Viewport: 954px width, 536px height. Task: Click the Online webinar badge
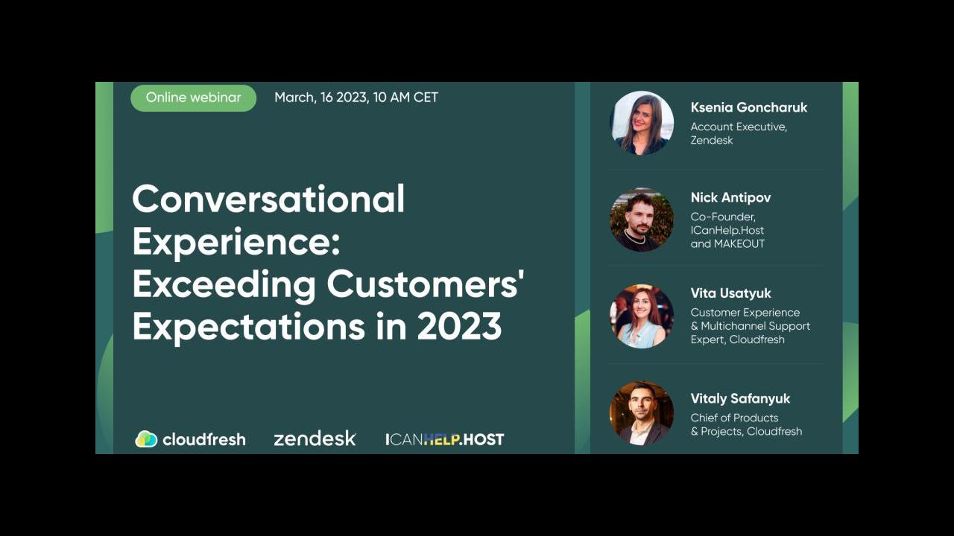[193, 98]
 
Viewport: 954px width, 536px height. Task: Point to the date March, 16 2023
[321, 98]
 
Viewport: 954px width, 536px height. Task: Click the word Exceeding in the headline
[224, 284]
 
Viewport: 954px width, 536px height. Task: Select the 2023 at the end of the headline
[459, 326]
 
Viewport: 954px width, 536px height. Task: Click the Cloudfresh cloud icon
[146, 439]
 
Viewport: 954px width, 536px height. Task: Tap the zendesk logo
[315, 438]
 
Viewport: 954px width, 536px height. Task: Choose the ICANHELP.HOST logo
[445, 439]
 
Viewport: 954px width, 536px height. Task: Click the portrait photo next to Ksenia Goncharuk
[642, 123]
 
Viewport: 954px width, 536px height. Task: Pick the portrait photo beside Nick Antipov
[642, 220]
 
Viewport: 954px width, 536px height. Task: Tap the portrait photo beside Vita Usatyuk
[642, 316]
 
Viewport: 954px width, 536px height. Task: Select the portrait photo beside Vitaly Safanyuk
[642, 413]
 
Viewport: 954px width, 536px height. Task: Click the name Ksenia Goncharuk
[749, 107]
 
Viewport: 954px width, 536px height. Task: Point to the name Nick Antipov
[731, 198]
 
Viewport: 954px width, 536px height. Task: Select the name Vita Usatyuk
[731, 293]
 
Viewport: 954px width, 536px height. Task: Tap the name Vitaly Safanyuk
[740, 398]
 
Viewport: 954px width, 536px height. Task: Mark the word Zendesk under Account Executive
[712, 140]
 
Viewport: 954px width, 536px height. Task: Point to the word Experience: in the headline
[236, 243]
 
